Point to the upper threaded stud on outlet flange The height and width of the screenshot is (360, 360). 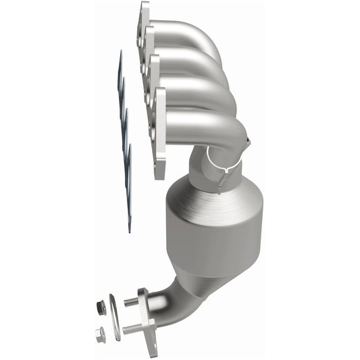click(131, 302)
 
